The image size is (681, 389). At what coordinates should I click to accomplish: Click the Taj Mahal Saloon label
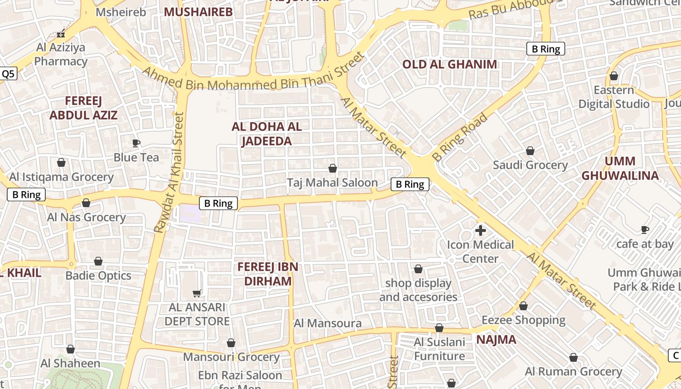click(x=332, y=183)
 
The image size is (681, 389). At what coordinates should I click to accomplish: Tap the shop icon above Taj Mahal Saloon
click(x=333, y=169)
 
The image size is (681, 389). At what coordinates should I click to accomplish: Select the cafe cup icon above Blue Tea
click(x=136, y=143)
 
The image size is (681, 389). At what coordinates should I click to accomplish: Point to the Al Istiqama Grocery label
click(x=61, y=177)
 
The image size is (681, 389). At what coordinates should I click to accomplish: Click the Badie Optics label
click(x=98, y=276)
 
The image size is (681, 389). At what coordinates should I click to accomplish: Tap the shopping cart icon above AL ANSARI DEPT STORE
click(x=197, y=293)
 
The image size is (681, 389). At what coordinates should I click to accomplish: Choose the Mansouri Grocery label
click(x=231, y=357)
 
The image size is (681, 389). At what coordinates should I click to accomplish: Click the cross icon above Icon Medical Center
click(x=481, y=230)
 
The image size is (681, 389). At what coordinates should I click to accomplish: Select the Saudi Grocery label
click(x=530, y=165)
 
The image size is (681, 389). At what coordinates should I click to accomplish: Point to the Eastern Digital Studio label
click(x=614, y=97)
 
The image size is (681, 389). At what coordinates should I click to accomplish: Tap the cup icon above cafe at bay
click(x=645, y=230)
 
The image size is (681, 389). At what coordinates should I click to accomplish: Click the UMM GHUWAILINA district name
click(x=620, y=168)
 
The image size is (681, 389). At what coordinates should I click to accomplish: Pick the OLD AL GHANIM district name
click(x=449, y=64)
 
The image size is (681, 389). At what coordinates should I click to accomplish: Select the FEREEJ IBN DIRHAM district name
click(x=268, y=274)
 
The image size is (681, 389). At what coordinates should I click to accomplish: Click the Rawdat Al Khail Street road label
click(x=170, y=173)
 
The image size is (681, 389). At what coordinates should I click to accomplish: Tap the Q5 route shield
click(x=8, y=74)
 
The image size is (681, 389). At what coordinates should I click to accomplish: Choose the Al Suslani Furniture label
click(x=439, y=349)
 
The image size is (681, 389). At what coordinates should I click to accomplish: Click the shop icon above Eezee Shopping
click(x=523, y=306)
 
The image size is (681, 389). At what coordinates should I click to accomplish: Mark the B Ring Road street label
click(x=460, y=138)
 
